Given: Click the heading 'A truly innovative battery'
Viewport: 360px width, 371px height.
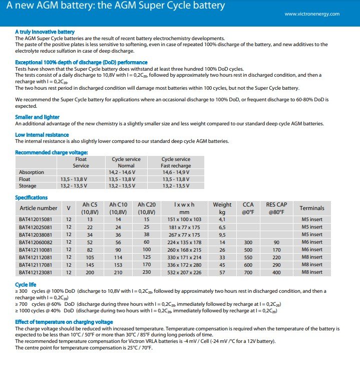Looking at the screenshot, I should click(x=45, y=32).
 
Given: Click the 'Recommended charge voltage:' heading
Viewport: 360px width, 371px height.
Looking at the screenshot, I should click(x=52, y=152).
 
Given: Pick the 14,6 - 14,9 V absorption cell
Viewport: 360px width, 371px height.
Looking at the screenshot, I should click(x=175, y=172).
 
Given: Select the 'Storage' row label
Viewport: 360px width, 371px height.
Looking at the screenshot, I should click(x=28, y=185).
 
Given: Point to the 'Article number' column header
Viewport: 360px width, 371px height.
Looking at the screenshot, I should click(x=39, y=208).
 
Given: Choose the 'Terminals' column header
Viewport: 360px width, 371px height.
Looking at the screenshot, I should click(x=312, y=208).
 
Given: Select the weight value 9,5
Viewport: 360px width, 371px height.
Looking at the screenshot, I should click(x=222, y=234).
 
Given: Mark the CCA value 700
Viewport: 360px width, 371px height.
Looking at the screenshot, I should click(x=248, y=272).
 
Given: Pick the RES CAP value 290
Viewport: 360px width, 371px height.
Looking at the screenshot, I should click(x=276, y=265).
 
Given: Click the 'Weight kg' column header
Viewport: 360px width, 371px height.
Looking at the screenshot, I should click(x=222, y=208).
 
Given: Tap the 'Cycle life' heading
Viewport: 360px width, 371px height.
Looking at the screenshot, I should click(x=25, y=284).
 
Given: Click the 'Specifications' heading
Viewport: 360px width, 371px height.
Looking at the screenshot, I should click(x=32, y=198).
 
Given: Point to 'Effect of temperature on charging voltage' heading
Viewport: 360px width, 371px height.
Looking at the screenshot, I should click(x=64, y=322).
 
